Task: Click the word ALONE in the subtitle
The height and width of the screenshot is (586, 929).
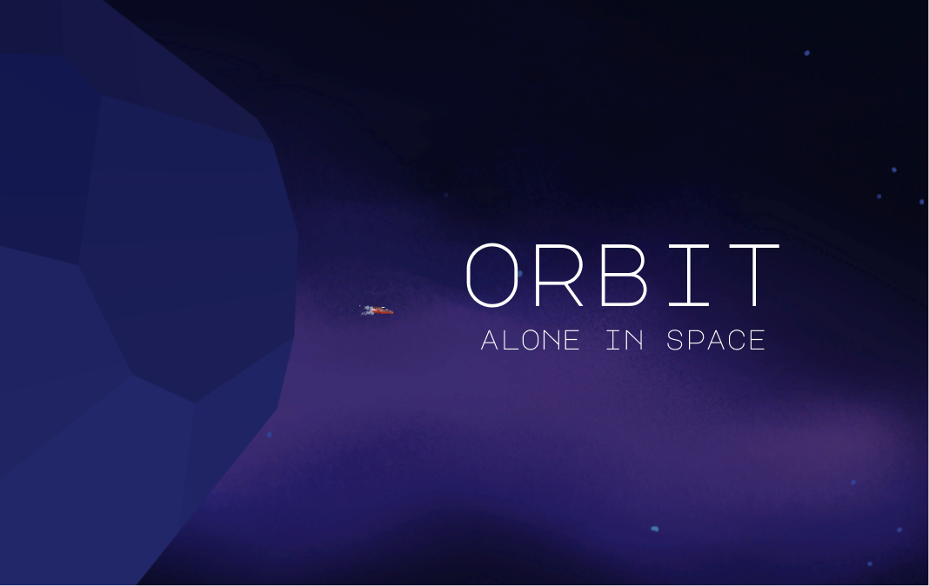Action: click(530, 340)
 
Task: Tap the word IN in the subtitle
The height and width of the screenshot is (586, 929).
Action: click(625, 340)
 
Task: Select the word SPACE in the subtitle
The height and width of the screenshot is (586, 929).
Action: click(716, 340)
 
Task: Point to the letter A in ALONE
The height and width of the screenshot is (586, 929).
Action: click(490, 340)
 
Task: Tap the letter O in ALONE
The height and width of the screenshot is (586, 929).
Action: click(531, 340)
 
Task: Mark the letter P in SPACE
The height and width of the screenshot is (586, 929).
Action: click(696, 340)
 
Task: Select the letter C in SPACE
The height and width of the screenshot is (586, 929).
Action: click(736, 340)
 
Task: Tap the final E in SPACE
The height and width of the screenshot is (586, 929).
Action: click(757, 340)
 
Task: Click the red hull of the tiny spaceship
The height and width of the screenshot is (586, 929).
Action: click(384, 310)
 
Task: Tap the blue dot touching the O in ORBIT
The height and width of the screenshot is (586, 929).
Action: click(519, 274)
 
